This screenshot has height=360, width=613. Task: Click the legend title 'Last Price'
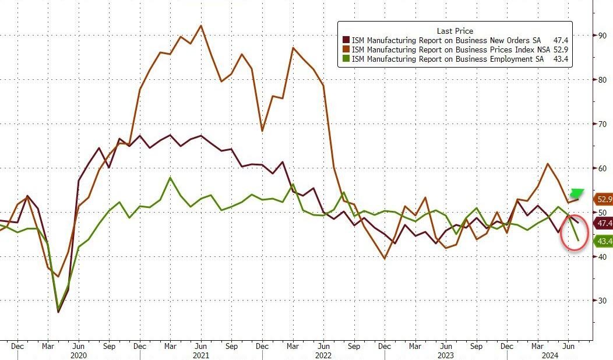(x=455, y=31)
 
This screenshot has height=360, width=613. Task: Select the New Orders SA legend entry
(x=446, y=40)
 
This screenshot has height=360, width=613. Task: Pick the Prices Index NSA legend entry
(x=450, y=50)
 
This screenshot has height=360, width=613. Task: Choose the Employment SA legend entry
(x=446, y=59)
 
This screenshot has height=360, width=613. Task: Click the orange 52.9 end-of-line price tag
(x=603, y=199)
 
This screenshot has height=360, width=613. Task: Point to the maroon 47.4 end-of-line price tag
(x=603, y=223)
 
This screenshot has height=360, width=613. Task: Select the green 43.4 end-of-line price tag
(x=603, y=241)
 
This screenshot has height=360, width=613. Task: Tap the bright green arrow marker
(x=577, y=193)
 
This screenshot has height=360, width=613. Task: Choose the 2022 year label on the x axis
(x=322, y=355)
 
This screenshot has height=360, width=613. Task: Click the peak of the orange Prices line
(x=201, y=26)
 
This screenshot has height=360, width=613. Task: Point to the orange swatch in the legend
(x=346, y=50)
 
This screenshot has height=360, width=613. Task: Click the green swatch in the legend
(x=346, y=59)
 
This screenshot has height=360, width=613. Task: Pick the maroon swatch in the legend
(x=346, y=40)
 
